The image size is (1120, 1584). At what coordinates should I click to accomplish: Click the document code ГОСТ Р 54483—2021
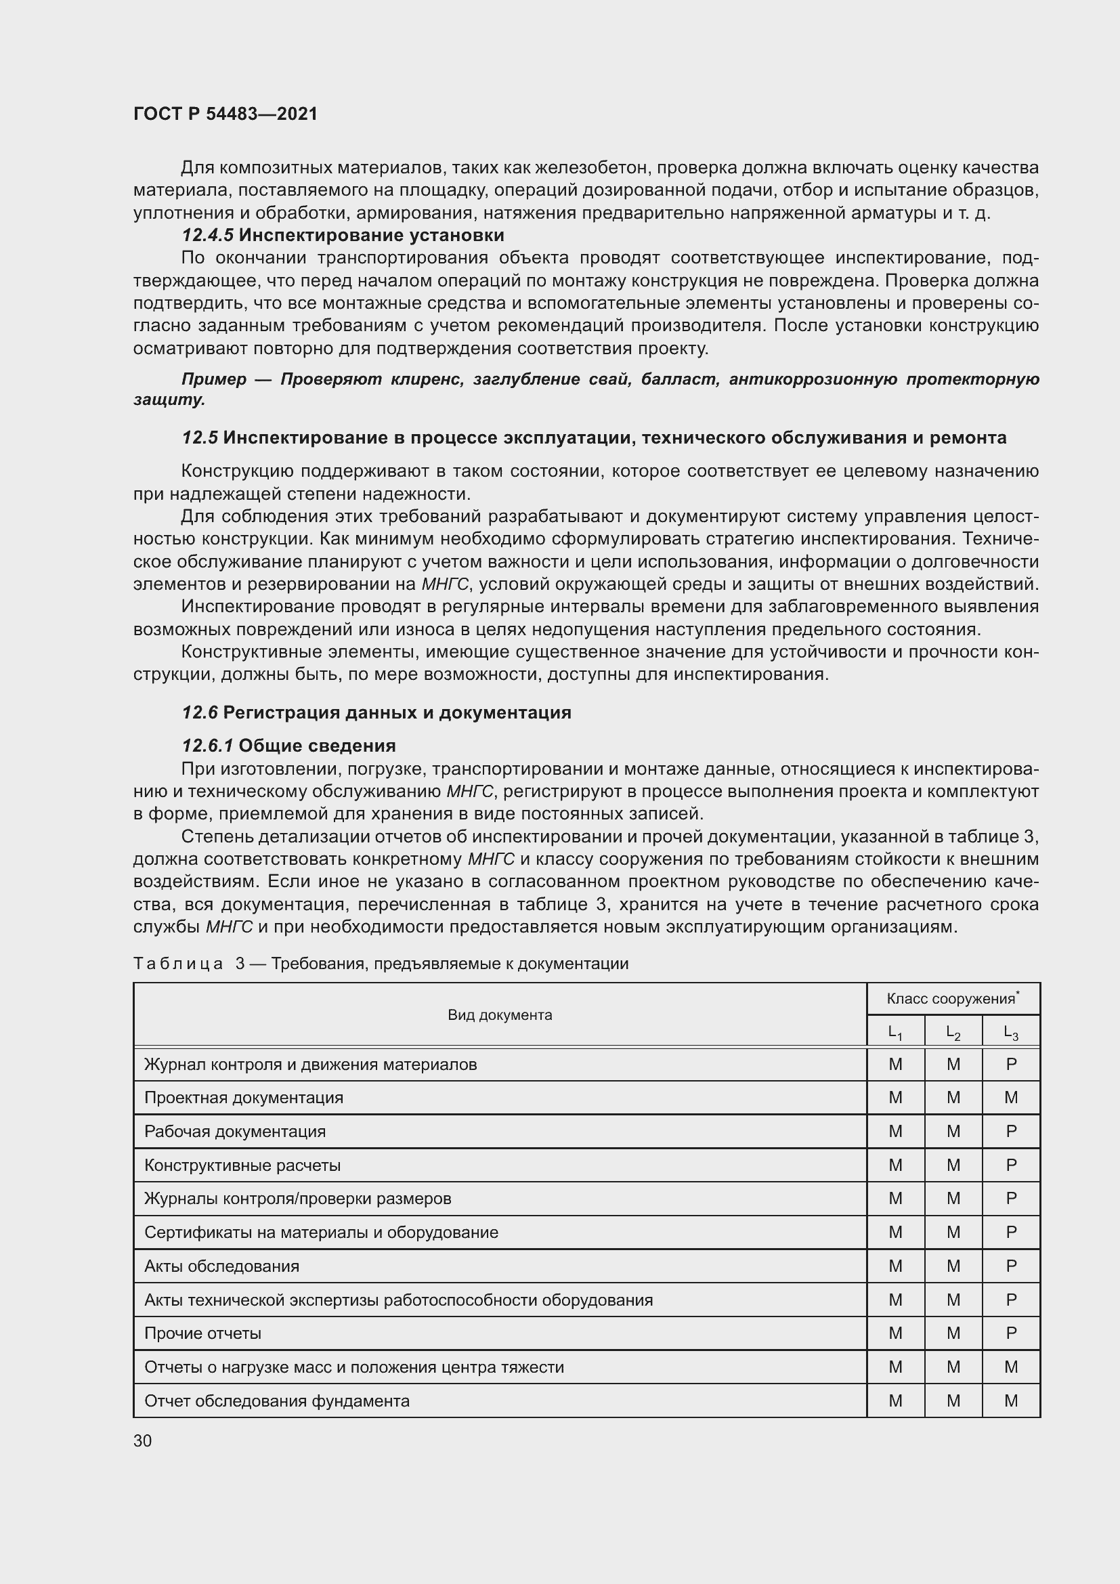tap(225, 114)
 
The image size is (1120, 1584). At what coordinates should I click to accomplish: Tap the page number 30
tap(143, 1440)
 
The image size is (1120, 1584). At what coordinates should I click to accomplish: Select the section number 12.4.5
tap(208, 235)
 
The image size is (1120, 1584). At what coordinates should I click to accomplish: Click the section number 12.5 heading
tap(200, 437)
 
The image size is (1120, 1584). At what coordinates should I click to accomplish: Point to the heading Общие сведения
tap(317, 745)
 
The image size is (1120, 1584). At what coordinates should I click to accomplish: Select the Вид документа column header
tap(499, 1014)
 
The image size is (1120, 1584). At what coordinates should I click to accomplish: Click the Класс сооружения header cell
tap(953, 998)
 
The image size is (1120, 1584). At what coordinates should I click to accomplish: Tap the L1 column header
tap(895, 1032)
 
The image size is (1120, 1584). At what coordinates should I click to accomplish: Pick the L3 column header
tap(1010, 1032)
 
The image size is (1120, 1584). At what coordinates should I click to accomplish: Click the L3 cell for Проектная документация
tap(1010, 1097)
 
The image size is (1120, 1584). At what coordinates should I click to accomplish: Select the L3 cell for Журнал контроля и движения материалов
tap(1010, 1064)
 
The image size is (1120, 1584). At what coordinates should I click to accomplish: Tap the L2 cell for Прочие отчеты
tap(953, 1333)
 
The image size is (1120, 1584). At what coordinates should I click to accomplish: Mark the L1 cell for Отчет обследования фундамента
tap(895, 1400)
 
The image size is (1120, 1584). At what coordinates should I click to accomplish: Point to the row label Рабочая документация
tap(234, 1132)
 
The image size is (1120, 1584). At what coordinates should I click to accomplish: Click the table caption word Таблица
tap(178, 963)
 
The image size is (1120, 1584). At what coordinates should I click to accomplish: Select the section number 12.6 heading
tap(200, 712)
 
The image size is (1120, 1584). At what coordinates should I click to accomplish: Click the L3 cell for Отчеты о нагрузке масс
tap(1010, 1367)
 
